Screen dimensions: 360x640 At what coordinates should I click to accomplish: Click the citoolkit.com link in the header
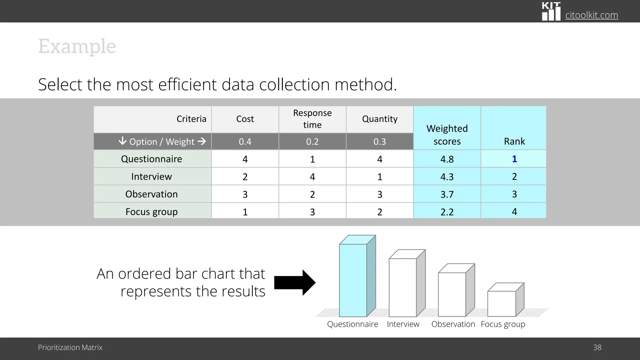pos(591,15)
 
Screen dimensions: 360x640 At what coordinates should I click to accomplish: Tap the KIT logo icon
pos(551,12)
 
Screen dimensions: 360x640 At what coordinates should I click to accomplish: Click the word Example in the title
pos(77,47)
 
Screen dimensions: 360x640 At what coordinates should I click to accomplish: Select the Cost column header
pos(245,119)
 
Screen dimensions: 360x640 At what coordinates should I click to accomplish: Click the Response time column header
pos(312,119)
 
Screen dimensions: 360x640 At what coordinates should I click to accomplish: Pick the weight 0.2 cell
pos(312,142)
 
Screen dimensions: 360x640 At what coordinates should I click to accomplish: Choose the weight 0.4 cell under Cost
pos(245,142)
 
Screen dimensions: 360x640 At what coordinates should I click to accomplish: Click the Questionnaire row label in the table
pos(152,159)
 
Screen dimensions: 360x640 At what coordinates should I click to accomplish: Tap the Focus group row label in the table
pos(152,212)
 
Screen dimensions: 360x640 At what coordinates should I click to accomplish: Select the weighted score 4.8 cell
pos(447,159)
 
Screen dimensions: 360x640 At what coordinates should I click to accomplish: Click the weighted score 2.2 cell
pos(447,212)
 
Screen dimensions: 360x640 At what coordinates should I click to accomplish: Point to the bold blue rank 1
pos(514,159)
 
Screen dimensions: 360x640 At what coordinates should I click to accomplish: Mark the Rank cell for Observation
pos(514,194)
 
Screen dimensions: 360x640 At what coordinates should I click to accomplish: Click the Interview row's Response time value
pos(312,177)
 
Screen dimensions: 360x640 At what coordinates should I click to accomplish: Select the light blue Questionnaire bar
pos(353,280)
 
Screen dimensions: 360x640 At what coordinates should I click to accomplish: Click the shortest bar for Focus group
pos(502,303)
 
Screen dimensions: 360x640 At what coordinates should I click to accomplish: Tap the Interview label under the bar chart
pos(403,324)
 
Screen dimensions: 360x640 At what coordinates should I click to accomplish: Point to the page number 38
pos(597,347)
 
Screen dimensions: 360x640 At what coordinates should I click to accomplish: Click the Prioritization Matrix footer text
pos(70,347)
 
